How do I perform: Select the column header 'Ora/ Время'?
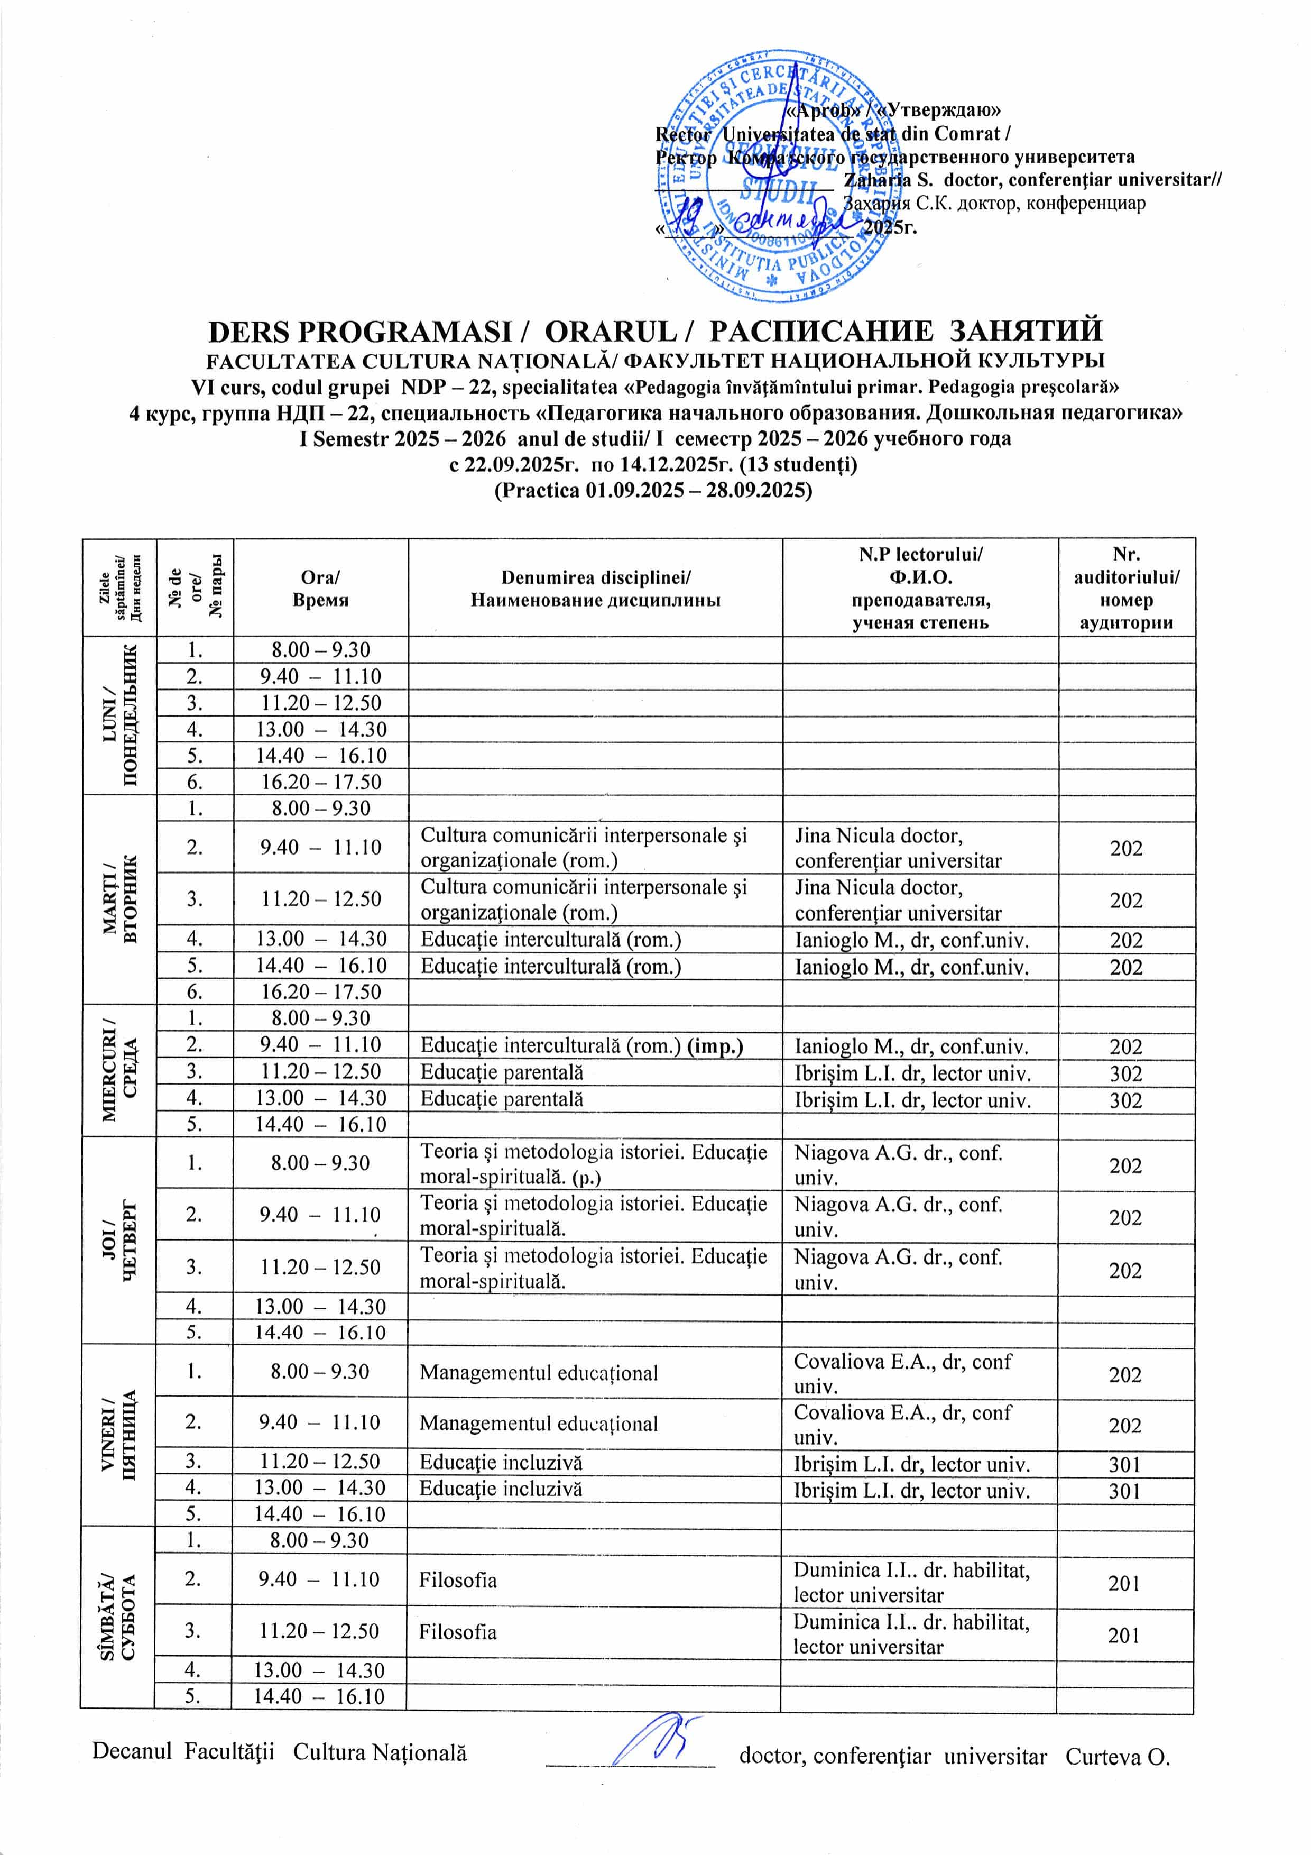[x=321, y=588]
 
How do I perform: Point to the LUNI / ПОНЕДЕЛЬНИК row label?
[x=119, y=715]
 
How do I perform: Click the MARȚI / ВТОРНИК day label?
[x=119, y=900]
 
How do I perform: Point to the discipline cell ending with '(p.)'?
[x=594, y=1164]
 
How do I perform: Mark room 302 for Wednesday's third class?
[x=1126, y=1074]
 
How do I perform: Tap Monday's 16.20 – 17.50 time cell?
[x=321, y=782]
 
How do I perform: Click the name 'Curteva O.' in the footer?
[x=1118, y=1757]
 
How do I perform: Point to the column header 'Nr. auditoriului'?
[x=1126, y=588]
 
